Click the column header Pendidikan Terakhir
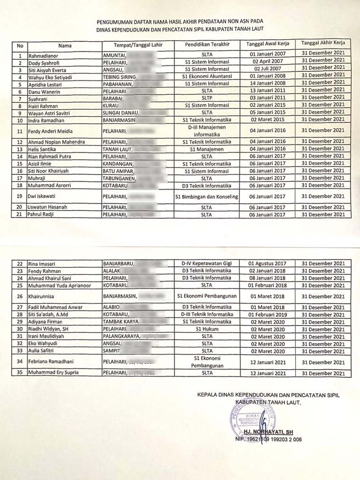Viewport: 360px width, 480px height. coord(207,44)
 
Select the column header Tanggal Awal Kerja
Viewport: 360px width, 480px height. coord(268,44)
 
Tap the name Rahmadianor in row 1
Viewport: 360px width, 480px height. coord(43,56)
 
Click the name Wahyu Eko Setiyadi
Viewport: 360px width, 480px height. coord(50,77)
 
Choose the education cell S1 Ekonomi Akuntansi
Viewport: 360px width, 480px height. coord(207,76)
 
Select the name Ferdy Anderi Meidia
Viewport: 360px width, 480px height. coord(50,131)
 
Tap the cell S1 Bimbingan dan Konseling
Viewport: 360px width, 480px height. coord(206,196)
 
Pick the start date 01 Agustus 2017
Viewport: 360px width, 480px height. coord(267,264)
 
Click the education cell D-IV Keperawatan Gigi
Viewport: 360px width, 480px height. coord(206,263)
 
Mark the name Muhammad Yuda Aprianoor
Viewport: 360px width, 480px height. coord(59,286)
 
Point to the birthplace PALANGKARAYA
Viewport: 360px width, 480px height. coord(121,337)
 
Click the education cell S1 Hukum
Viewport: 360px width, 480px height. coord(207,329)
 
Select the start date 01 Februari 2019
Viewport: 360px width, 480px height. coord(268,315)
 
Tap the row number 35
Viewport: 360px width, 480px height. coord(20,372)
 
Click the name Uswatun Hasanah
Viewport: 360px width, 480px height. coord(48,207)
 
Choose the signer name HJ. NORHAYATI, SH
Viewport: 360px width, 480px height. coord(268,432)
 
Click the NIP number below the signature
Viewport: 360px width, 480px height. coord(269,439)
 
